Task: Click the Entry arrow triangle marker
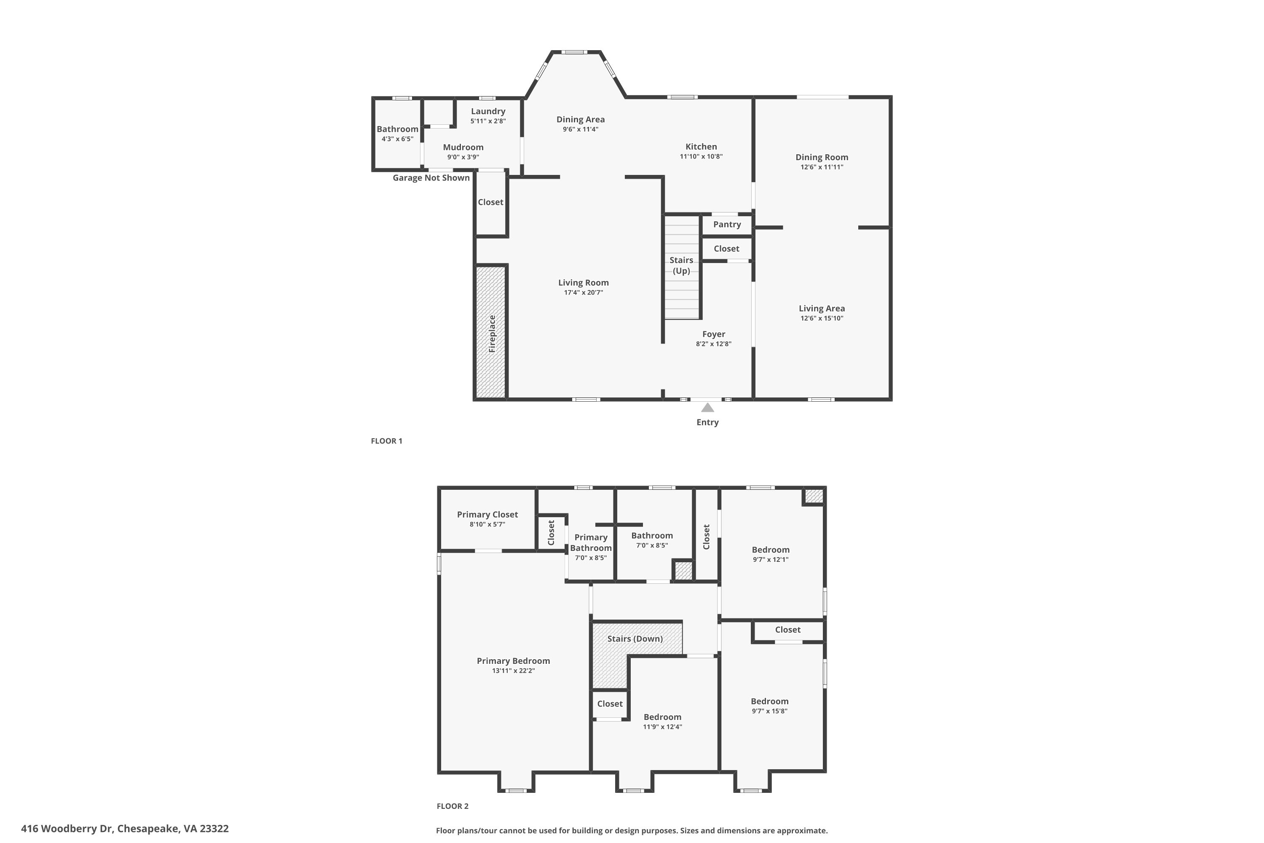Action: coord(707,408)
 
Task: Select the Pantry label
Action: coord(726,224)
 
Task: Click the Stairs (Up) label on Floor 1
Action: coord(681,266)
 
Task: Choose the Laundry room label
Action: coord(488,111)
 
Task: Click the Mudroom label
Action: coord(463,147)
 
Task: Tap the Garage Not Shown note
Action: coord(431,178)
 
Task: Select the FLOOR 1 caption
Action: coord(386,441)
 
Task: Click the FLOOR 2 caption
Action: coord(453,806)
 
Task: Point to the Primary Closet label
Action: coord(487,515)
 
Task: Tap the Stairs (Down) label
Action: coord(635,639)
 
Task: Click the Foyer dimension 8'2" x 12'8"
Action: coord(714,344)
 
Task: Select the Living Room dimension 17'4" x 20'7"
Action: coord(583,293)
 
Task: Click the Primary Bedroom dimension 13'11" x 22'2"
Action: coord(513,671)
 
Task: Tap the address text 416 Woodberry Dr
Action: coord(67,829)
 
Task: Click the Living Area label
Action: coord(822,309)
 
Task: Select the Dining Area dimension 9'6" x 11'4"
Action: coord(581,129)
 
